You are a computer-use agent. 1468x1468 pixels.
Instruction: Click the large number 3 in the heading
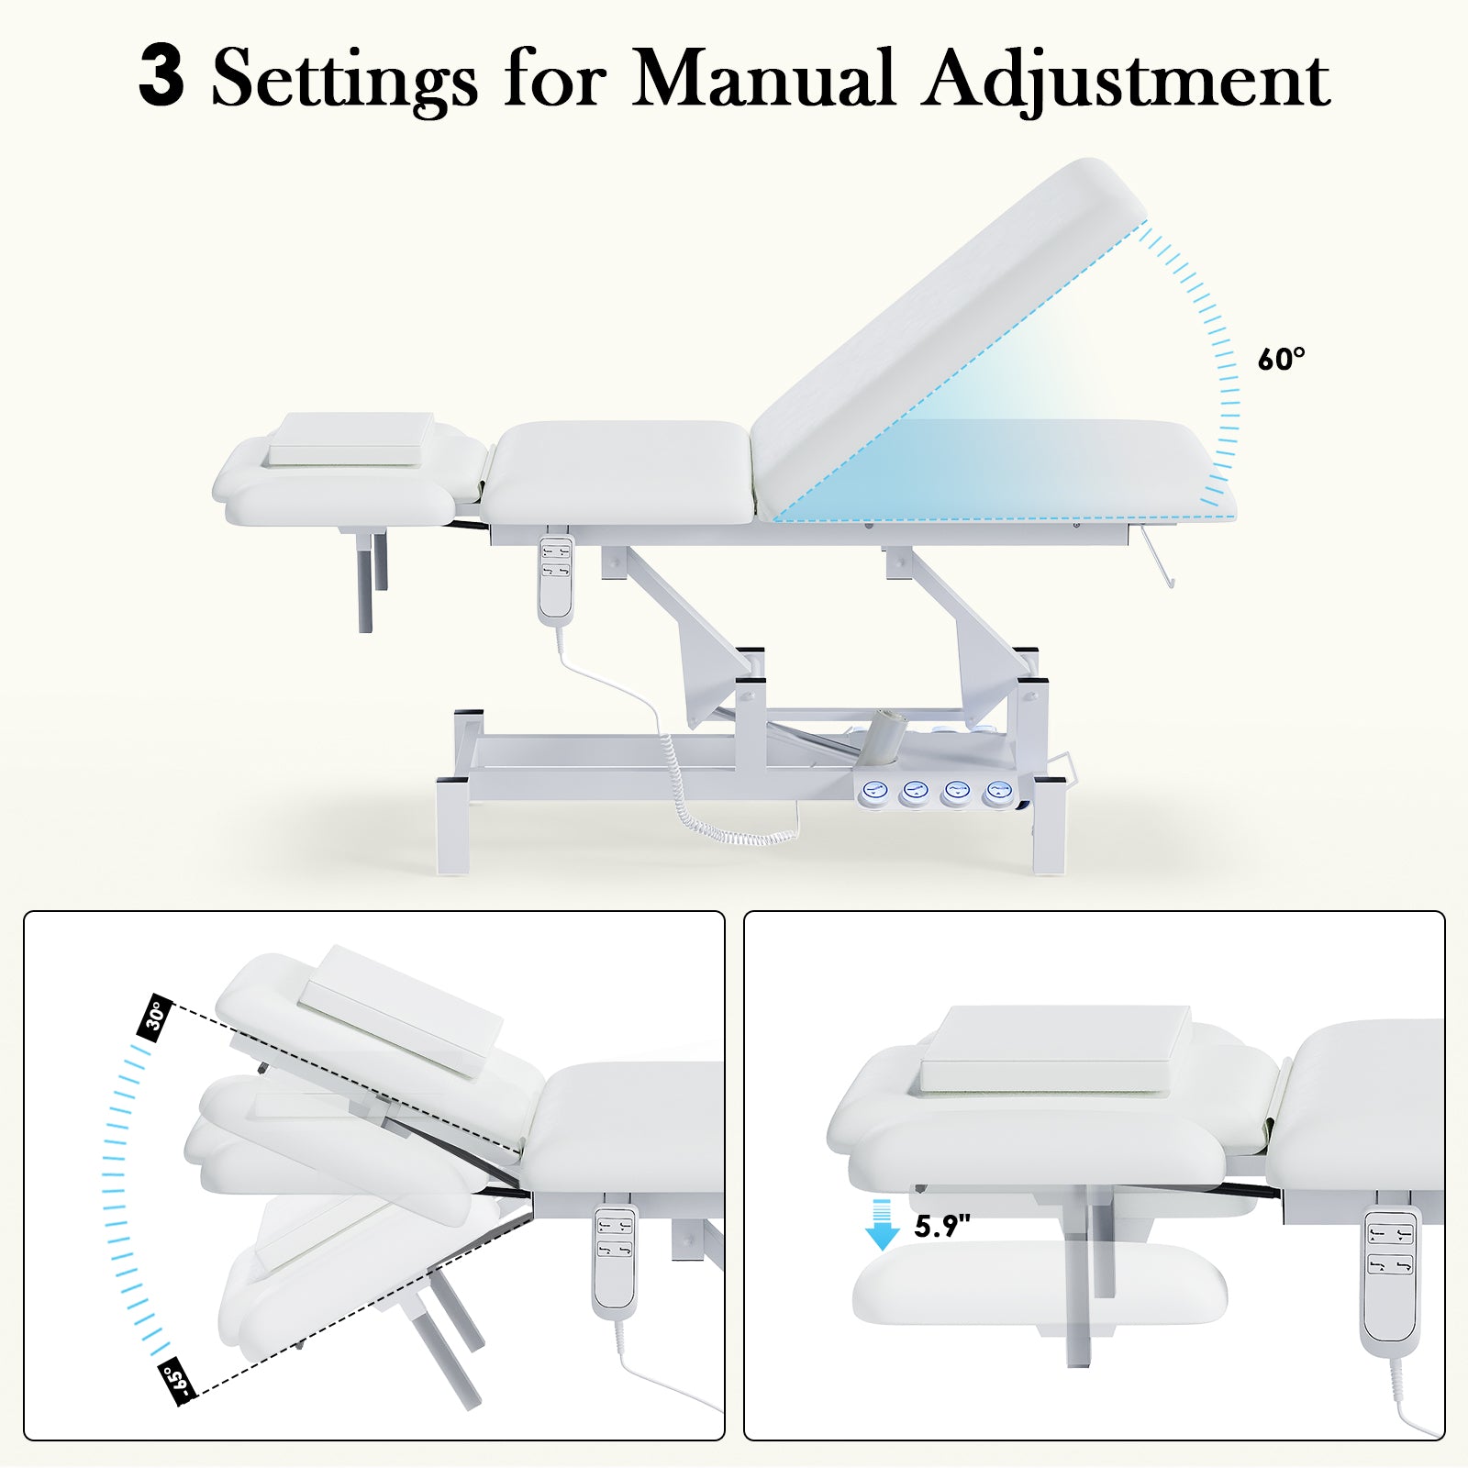[x=161, y=77]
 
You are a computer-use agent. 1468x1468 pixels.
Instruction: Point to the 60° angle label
[x=1281, y=360]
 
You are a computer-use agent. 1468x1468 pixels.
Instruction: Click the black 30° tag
[x=156, y=1016]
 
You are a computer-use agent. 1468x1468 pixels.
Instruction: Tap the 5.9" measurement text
[x=942, y=1227]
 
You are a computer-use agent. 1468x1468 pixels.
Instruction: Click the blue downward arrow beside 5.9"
[x=882, y=1225]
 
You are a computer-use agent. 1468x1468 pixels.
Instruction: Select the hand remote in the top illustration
[x=556, y=580]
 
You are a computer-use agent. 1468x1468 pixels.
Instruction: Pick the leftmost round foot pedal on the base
[x=876, y=792]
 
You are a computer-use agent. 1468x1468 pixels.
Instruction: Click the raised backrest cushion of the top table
[x=945, y=330]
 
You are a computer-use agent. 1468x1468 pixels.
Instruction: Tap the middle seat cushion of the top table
[x=622, y=473]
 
